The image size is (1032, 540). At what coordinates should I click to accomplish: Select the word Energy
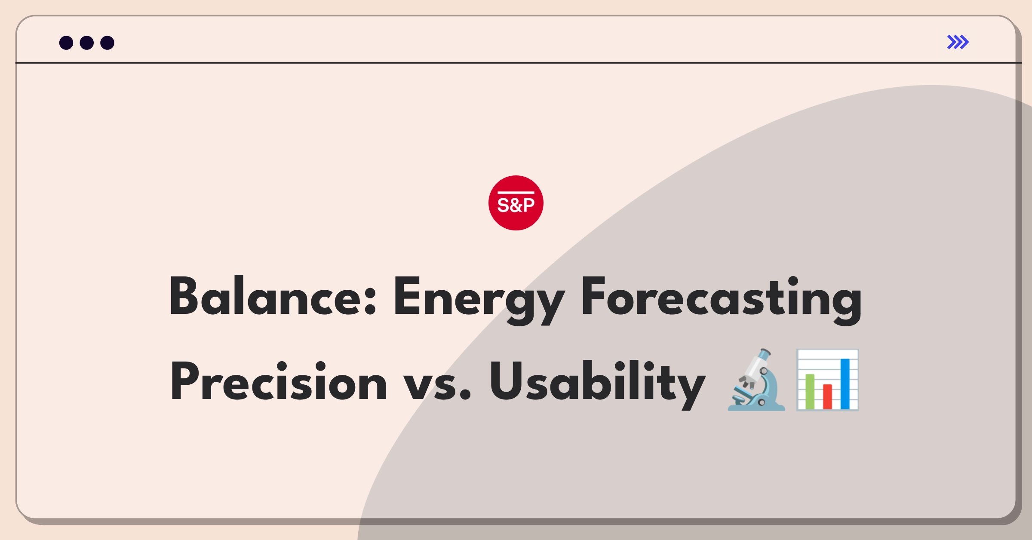click(479, 301)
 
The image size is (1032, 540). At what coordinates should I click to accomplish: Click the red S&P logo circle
click(516, 203)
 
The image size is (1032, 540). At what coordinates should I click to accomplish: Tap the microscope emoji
click(756, 380)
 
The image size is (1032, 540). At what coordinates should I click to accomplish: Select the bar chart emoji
click(827, 380)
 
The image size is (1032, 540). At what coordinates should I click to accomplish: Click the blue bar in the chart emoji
click(845, 384)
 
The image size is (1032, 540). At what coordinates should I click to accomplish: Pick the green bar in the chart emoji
click(810, 392)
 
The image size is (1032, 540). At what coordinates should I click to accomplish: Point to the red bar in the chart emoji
click(827, 396)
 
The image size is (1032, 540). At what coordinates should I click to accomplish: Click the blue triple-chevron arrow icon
click(958, 42)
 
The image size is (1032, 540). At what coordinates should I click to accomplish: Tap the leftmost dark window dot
click(66, 43)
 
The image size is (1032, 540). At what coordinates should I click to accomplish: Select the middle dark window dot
click(87, 43)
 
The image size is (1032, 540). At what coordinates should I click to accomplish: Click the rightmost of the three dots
click(107, 43)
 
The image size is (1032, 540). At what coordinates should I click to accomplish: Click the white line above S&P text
click(516, 193)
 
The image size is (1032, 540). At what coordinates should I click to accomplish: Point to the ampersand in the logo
click(516, 206)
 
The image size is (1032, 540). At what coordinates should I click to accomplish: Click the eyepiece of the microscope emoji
click(765, 355)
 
